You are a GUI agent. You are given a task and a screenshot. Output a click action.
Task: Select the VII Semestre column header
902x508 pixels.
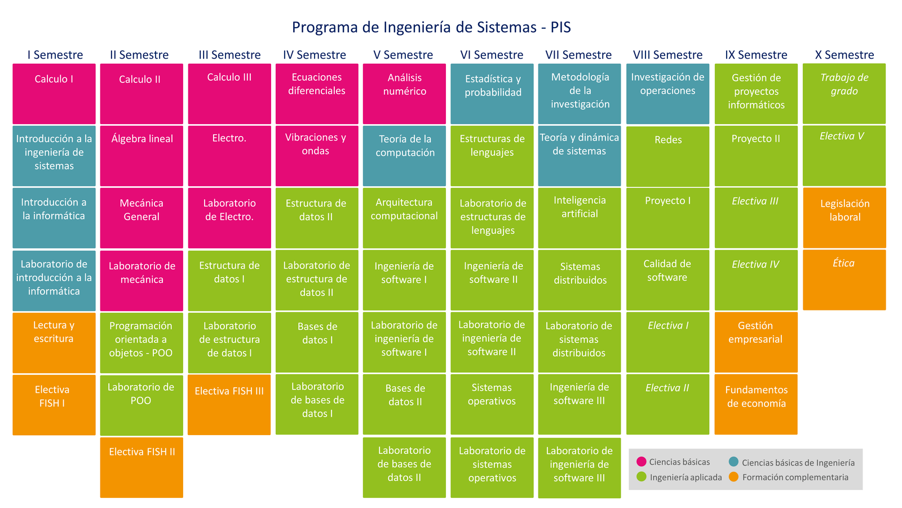pyautogui.click(x=578, y=54)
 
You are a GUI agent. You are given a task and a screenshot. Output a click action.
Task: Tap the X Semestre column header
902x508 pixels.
pyautogui.click(x=844, y=54)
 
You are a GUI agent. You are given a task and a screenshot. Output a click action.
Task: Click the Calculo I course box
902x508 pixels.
pyautogui.click(x=54, y=94)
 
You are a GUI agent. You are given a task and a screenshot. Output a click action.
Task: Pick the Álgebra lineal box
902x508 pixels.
pyautogui.click(x=142, y=156)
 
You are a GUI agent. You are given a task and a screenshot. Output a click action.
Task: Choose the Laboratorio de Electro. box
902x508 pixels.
pyautogui.click(x=229, y=218)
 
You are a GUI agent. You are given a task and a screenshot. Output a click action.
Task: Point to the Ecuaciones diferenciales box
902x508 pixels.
pyautogui.click(x=316, y=94)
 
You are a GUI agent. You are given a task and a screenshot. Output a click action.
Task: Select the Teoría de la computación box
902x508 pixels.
pyautogui.click(x=404, y=156)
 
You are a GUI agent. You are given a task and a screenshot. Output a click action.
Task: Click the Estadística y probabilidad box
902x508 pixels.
pyautogui.click(x=492, y=94)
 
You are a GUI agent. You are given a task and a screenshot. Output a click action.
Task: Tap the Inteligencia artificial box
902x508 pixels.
pyautogui.click(x=580, y=218)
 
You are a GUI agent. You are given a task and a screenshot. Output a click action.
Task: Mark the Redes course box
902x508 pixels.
pyautogui.click(x=667, y=156)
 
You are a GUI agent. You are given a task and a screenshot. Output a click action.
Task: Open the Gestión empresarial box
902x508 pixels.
pyautogui.click(x=756, y=342)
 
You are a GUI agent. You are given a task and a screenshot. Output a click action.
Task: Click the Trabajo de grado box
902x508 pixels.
pyautogui.click(x=844, y=94)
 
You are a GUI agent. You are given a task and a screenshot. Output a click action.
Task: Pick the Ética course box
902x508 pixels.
pyautogui.click(x=844, y=280)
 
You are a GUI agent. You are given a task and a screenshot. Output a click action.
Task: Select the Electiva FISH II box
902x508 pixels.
pyautogui.click(x=142, y=468)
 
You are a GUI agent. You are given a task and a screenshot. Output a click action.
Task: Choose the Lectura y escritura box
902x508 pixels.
pyautogui.click(x=54, y=343)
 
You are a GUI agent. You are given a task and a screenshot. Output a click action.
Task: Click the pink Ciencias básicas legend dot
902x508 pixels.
pyautogui.click(x=642, y=461)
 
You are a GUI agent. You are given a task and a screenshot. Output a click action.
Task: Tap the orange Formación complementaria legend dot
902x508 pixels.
pyautogui.click(x=733, y=476)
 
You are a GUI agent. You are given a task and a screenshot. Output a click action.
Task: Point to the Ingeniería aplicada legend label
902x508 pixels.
pyautogui.click(x=686, y=478)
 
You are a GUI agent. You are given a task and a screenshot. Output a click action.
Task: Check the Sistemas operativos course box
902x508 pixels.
pyautogui.click(x=492, y=404)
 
